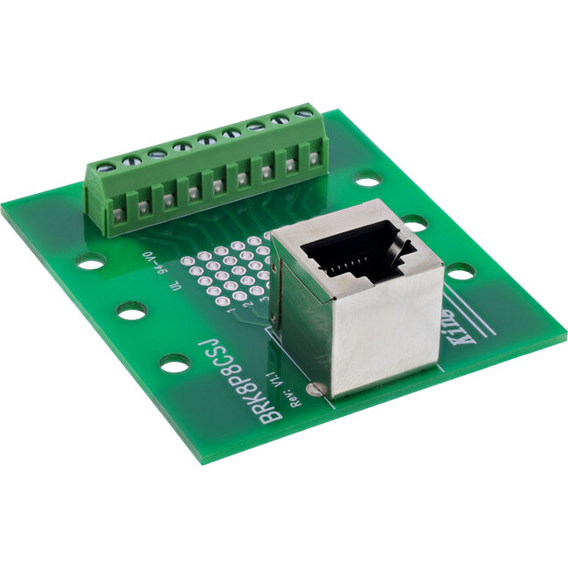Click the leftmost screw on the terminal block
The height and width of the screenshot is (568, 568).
click(105, 166)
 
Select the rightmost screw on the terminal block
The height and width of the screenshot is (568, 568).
click(305, 113)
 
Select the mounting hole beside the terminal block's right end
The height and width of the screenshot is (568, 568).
click(368, 181)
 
